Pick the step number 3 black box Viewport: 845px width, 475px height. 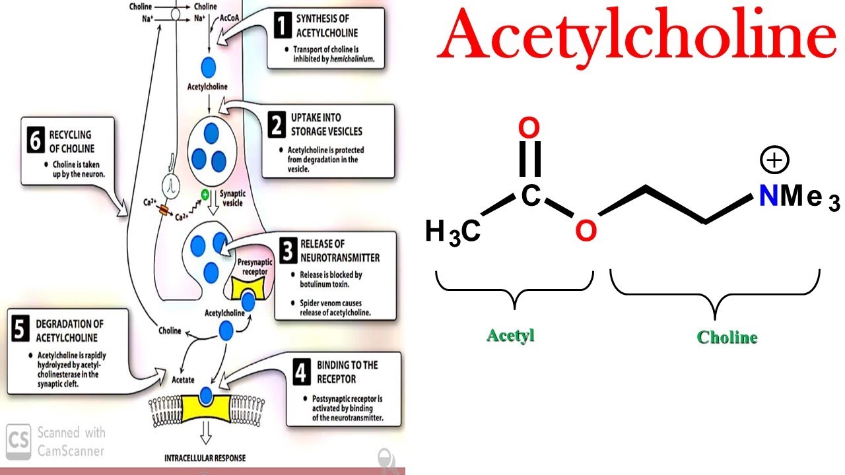pyautogui.click(x=288, y=252)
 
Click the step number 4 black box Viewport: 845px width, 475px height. pyautogui.click(x=302, y=373)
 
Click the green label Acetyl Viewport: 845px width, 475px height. pyautogui.click(x=510, y=335)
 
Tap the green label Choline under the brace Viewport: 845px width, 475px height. pyautogui.click(x=727, y=338)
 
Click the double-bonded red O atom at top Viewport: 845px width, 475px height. pyautogui.click(x=529, y=127)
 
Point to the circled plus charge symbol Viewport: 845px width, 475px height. pyautogui.click(x=775, y=160)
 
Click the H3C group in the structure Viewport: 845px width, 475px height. pyautogui.click(x=452, y=233)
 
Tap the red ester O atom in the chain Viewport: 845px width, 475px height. pyautogui.click(x=586, y=230)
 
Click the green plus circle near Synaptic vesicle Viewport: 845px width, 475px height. pyautogui.click(x=205, y=195)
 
